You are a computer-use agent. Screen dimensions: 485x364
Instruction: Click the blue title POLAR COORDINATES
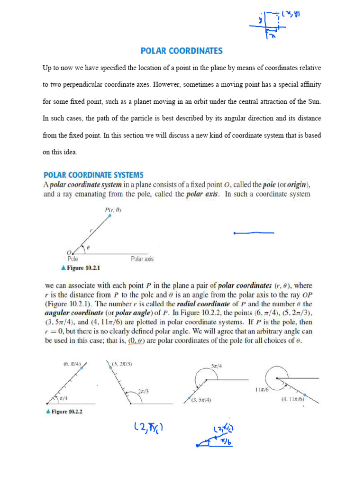click(x=182, y=51)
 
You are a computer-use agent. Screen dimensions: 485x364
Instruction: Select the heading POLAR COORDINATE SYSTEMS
click(x=93, y=175)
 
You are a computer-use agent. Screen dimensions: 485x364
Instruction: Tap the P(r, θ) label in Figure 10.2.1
click(x=112, y=210)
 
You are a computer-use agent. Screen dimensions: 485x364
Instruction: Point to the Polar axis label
click(x=142, y=259)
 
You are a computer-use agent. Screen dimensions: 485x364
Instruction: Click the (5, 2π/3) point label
click(x=123, y=364)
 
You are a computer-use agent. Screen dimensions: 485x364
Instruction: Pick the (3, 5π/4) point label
click(x=201, y=400)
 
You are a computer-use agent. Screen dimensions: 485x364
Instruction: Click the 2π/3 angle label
click(x=144, y=391)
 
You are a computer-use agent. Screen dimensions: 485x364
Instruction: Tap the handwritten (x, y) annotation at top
click(x=291, y=15)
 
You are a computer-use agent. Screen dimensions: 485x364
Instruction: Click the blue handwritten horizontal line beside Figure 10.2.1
click(x=254, y=233)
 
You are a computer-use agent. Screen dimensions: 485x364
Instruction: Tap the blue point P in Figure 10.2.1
click(x=109, y=216)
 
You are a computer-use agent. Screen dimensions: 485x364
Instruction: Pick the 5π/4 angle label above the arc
click(x=218, y=366)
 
